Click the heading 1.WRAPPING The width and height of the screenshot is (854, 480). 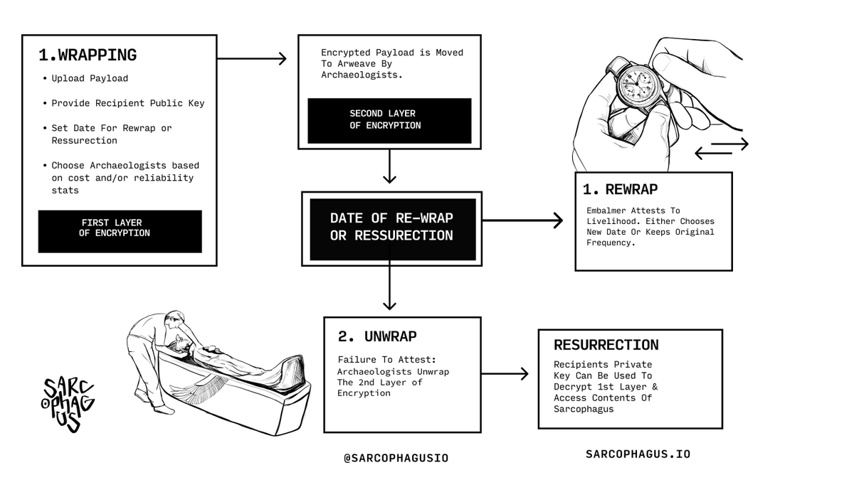click(88, 55)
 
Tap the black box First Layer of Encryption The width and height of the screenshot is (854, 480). click(120, 228)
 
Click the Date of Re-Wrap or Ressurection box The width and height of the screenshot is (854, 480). click(391, 226)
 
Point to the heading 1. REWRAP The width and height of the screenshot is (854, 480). click(620, 190)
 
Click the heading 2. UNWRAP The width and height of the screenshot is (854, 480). click(377, 336)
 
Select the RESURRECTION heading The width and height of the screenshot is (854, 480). click(606, 345)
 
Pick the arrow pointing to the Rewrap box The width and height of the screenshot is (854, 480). click(523, 221)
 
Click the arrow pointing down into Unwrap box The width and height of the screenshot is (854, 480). click(389, 284)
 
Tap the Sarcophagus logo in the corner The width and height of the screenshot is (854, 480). click(68, 404)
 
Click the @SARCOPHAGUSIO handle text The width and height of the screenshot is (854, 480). click(396, 458)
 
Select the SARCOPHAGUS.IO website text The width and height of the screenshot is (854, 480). click(638, 454)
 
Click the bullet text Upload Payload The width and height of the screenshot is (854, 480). click(90, 78)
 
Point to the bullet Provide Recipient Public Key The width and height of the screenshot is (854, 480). click(127, 103)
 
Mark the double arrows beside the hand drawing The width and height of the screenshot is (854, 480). click(721, 148)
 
